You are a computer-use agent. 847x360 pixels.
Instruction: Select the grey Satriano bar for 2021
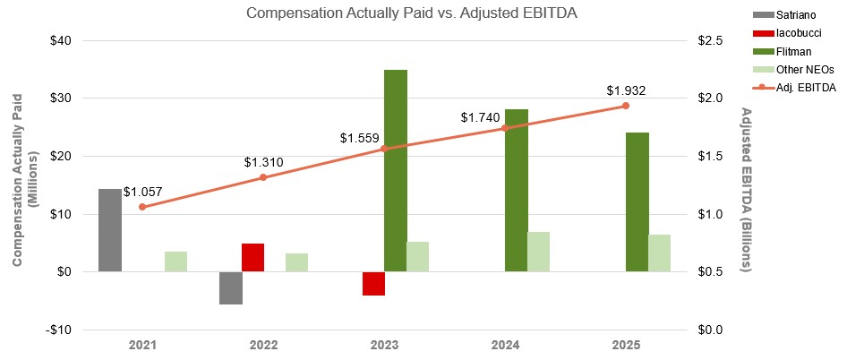point(110,230)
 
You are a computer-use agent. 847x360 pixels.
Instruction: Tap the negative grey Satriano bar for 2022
point(231,287)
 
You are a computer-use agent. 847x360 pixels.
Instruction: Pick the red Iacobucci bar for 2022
point(253,257)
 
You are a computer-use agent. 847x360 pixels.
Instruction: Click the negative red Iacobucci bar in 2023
point(373,283)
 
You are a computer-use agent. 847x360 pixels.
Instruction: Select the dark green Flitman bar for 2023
point(396,170)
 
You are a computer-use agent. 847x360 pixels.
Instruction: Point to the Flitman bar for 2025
point(637,201)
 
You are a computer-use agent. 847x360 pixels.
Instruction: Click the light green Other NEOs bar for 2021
point(176,261)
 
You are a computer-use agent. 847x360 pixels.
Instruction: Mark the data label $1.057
point(142,192)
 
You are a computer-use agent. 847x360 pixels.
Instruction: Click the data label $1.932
point(626,90)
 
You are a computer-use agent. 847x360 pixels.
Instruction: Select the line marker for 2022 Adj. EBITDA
point(263,177)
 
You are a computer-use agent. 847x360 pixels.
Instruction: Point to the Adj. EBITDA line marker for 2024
point(504,128)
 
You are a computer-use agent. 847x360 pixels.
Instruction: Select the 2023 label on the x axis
point(384,345)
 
